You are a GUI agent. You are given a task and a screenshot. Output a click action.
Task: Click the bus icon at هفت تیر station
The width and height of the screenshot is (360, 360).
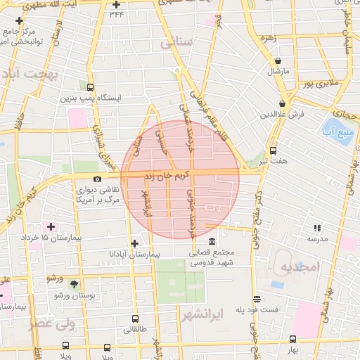click(x=273, y=150)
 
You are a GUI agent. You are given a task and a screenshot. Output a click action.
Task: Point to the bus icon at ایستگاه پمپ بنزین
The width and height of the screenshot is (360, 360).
click(x=89, y=87)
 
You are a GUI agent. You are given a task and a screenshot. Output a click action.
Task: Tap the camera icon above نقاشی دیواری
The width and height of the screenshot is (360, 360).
click(x=97, y=179)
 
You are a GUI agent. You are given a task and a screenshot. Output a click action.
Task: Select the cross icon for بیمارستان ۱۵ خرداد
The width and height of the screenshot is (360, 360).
click(x=50, y=226)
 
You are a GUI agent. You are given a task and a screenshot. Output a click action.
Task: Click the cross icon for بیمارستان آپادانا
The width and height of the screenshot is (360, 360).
click(x=134, y=243)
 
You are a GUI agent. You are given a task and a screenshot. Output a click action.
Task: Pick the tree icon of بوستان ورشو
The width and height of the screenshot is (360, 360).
click(x=74, y=283)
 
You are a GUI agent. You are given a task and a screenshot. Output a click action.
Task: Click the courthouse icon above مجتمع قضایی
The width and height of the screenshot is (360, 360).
click(x=211, y=242)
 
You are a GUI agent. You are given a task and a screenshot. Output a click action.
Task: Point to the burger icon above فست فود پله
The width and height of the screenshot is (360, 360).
click(x=257, y=298)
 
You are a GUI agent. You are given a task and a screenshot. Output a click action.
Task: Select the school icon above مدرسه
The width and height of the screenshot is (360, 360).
click(x=316, y=228)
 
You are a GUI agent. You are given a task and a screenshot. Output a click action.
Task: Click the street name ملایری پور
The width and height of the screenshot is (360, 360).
click(x=320, y=84)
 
